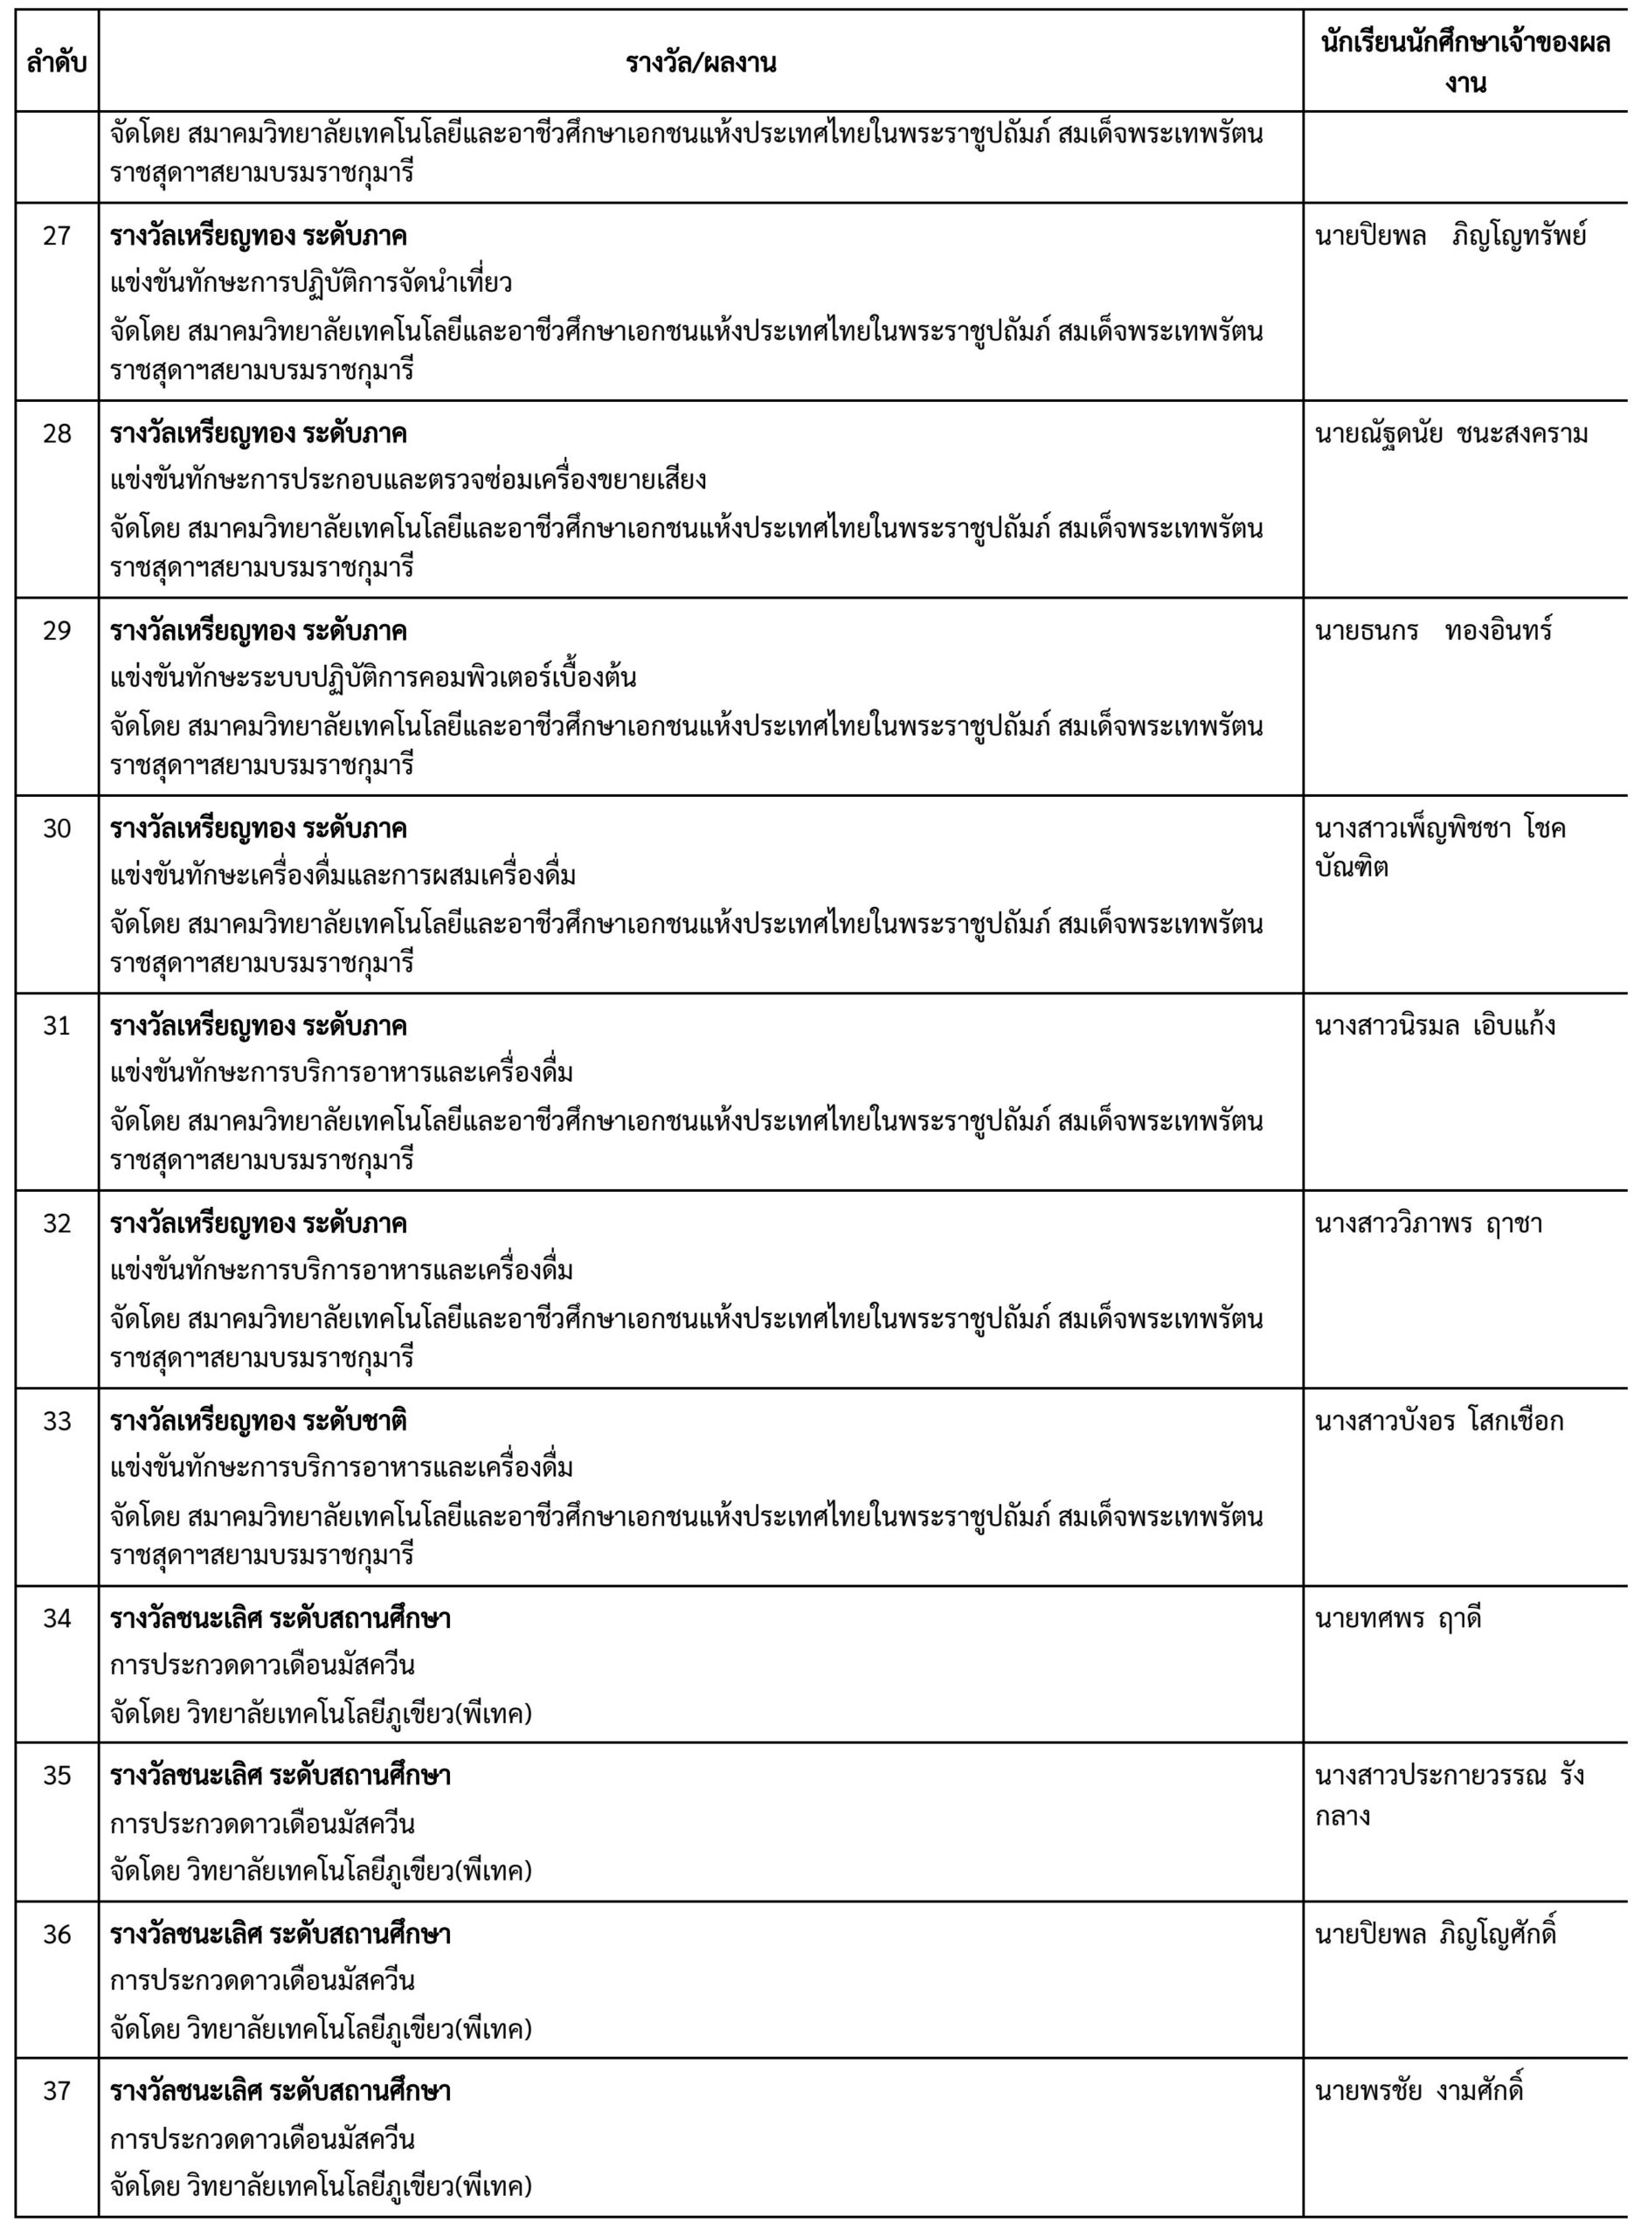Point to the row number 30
(x=57, y=828)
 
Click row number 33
(x=57, y=1421)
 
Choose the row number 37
(x=57, y=2091)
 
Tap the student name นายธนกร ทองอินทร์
(x=1432, y=631)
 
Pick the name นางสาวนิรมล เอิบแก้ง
(x=1434, y=1027)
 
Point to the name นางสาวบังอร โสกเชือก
(x=1439, y=1421)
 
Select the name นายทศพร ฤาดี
(x=1397, y=1619)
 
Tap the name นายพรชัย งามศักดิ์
(x=1418, y=2091)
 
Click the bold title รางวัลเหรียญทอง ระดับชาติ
(x=258, y=1421)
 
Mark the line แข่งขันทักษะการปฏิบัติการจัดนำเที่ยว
(x=310, y=284)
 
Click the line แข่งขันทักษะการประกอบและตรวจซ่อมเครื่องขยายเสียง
(x=407, y=481)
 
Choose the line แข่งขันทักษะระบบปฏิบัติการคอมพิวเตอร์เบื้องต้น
(x=373, y=678)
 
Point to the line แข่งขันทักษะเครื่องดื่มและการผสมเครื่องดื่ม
(x=343, y=876)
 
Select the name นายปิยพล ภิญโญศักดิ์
(x=1435, y=1934)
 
